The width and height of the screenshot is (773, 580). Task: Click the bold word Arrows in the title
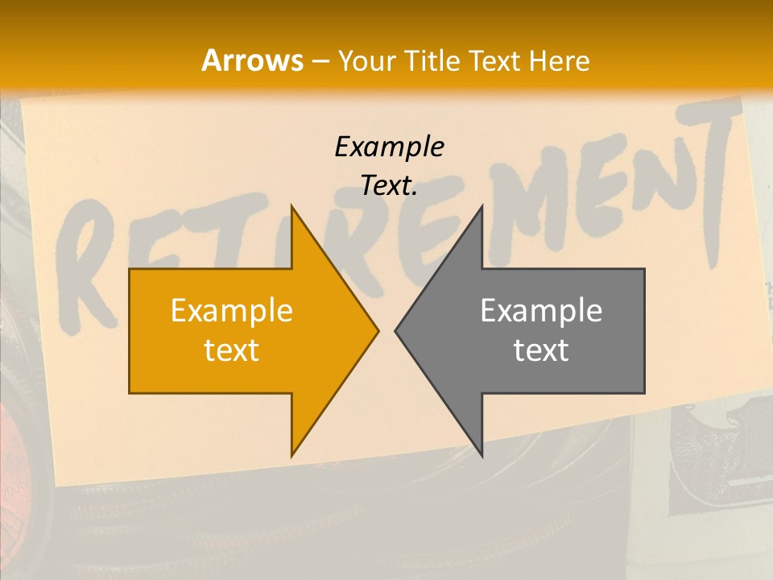coord(251,60)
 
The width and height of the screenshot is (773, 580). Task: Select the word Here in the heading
coord(561,61)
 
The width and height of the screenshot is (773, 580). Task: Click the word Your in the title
coord(366,61)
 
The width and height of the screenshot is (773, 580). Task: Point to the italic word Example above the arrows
coord(389,147)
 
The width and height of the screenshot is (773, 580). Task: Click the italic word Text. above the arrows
coord(389,186)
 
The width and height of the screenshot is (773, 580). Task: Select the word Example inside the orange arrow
coord(232,310)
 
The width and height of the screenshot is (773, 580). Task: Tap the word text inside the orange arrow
coord(232,350)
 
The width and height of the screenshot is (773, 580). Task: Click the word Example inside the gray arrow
coord(541,310)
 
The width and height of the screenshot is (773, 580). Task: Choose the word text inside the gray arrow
coord(541,350)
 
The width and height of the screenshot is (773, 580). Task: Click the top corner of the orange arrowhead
coord(292,208)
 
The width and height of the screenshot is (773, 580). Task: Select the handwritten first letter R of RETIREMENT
coord(89,266)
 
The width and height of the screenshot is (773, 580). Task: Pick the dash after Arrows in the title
coord(319,61)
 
